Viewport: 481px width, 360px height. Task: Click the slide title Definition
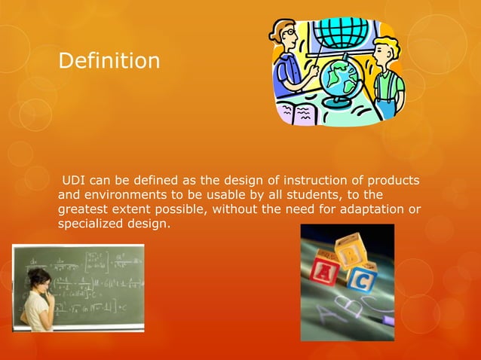click(109, 60)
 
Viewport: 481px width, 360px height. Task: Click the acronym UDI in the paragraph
click(74, 181)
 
